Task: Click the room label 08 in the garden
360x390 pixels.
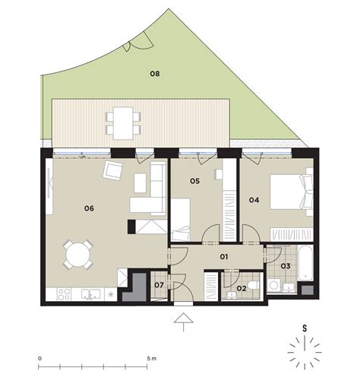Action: (x=155, y=74)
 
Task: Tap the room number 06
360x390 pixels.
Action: (x=89, y=208)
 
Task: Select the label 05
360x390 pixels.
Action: (x=195, y=181)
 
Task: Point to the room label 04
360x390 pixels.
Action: (x=254, y=200)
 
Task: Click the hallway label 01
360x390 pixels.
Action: (x=224, y=257)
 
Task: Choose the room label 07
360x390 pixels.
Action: (x=159, y=285)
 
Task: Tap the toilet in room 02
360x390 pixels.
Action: (x=254, y=285)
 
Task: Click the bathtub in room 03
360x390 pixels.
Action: (x=305, y=262)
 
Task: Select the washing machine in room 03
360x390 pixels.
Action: (x=273, y=285)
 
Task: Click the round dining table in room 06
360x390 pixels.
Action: (x=78, y=255)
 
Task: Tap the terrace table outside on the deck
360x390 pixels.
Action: (x=123, y=123)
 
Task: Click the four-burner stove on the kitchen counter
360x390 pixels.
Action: (x=64, y=294)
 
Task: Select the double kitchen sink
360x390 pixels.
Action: (x=91, y=294)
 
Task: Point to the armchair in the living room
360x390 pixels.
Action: (x=113, y=170)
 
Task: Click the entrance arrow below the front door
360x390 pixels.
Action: (x=184, y=322)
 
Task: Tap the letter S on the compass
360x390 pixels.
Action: (x=305, y=328)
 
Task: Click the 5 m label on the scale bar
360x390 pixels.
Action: (x=152, y=359)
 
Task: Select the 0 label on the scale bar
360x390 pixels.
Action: (x=39, y=359)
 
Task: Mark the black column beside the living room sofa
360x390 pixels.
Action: (x=131, y=227)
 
